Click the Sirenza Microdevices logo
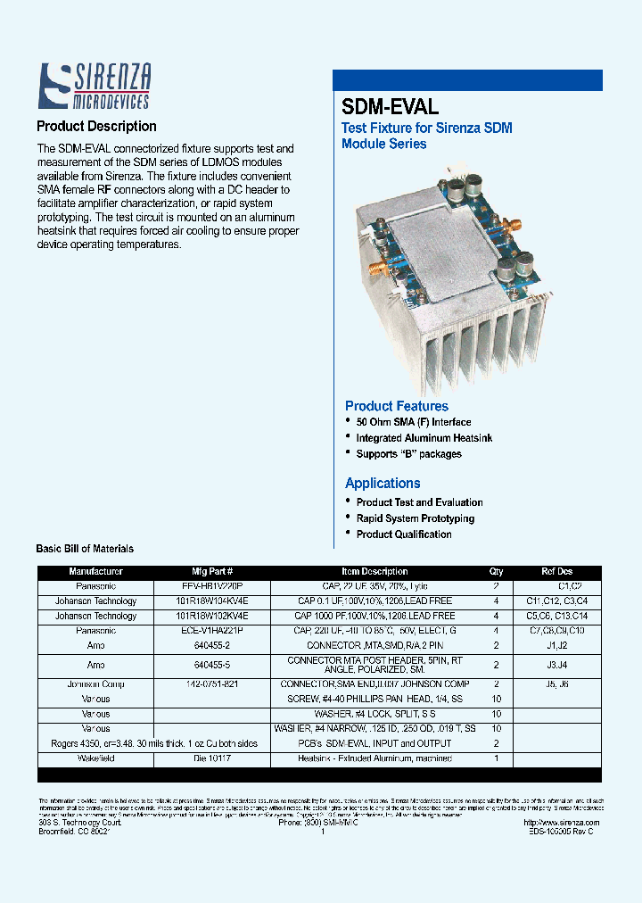click(x=94, y=87)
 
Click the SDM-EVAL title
click(x=390, y=107)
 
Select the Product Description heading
click(x=96, y=127)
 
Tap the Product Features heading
click(x=397, y=406)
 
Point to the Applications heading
click(x=383, y=483)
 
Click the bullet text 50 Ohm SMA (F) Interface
click(x=414, y=422)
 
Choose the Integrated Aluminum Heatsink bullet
click(x=424, y=438)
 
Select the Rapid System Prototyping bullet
click(x=415, y=518)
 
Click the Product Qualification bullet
click(x=404, y=534)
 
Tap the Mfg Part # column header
click(x=212, y=571)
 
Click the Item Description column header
click(x=374, y=571)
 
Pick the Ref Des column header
click(x=557, y=571)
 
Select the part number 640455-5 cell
click(x=212, y=665)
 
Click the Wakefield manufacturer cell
click(x=95, y=758)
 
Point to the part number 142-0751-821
click(x=212, y=684)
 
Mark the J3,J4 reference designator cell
click(x=557, y=665)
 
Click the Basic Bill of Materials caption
click(x=85, y=549)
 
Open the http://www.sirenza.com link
click(x=562, y=823)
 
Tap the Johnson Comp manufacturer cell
click(x=95, y=684)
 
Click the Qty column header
click(x=497, y=571)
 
